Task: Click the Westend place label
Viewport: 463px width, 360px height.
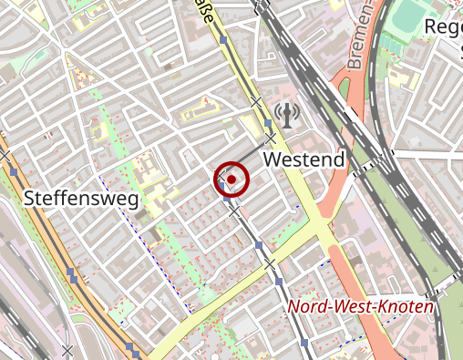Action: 304,160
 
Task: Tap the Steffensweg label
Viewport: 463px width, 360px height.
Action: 80,198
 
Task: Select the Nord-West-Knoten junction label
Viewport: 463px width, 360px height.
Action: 361,307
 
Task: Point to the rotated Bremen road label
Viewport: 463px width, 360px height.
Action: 361,38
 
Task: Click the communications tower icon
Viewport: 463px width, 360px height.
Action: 285,115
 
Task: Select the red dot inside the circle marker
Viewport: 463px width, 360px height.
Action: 231,180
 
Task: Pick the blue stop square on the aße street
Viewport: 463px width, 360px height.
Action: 223,39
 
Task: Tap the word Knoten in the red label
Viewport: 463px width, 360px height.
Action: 408,307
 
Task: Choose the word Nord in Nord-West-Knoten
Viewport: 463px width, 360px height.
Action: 308,307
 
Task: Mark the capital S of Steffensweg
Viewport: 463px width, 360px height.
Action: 30,198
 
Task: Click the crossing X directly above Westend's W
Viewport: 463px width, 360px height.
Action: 271,138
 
